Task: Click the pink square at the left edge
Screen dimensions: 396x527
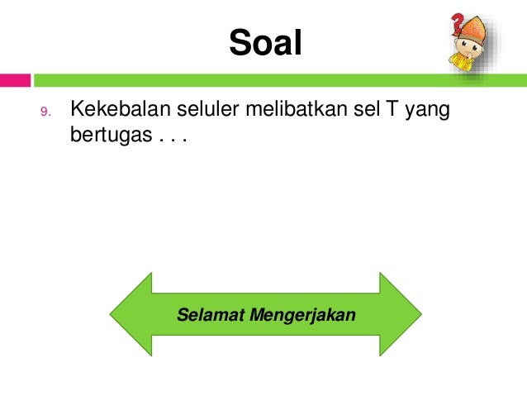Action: [15, 80]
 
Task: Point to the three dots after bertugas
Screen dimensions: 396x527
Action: [170, 137]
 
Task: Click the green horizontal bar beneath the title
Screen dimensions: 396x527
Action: [273, 80]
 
